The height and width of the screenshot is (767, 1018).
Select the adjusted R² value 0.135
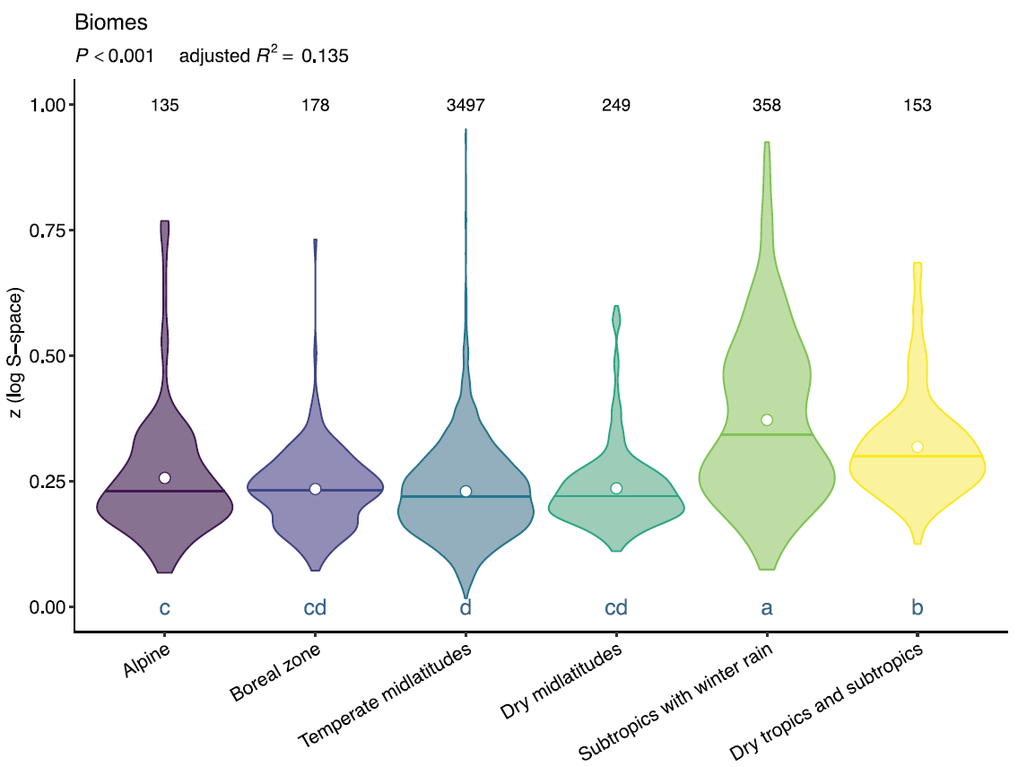click(325, 57)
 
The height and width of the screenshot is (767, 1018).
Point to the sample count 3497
click(465, 106)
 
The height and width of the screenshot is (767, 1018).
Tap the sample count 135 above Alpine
click(165, 106)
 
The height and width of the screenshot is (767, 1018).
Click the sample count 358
click(767, 106)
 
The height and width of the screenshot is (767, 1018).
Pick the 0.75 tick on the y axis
click(48, 231)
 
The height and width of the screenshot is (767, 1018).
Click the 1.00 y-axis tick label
click(48, 105)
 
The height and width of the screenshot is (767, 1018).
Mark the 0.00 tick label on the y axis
click(48, 607)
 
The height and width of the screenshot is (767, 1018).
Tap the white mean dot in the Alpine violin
click(165, 478)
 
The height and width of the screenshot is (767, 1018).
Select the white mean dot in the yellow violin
click(918, 447)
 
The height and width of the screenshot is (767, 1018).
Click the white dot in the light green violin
click(767, 420)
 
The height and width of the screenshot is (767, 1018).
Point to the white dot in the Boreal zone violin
click(316, 489)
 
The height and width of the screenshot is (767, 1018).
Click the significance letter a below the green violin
click(767, 608)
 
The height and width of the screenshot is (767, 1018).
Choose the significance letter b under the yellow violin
click(918, 608)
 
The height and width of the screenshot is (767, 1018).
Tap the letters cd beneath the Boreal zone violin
click(316, 608)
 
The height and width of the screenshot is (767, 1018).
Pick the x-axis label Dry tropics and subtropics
click(827, 700)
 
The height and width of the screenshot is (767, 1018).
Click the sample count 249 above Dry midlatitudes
click(616, 106)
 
